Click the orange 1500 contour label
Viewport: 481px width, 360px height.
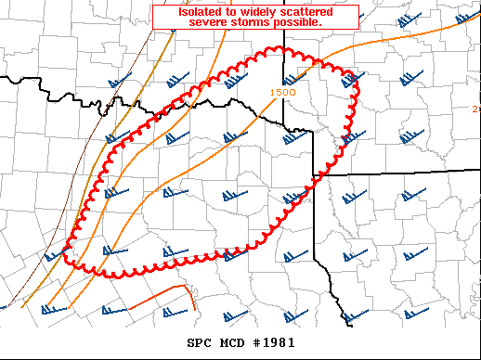[x=283, y=92]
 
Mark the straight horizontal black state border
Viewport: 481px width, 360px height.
[x=399, y=173]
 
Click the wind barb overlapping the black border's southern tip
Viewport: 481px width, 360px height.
[x=354, y=315]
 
